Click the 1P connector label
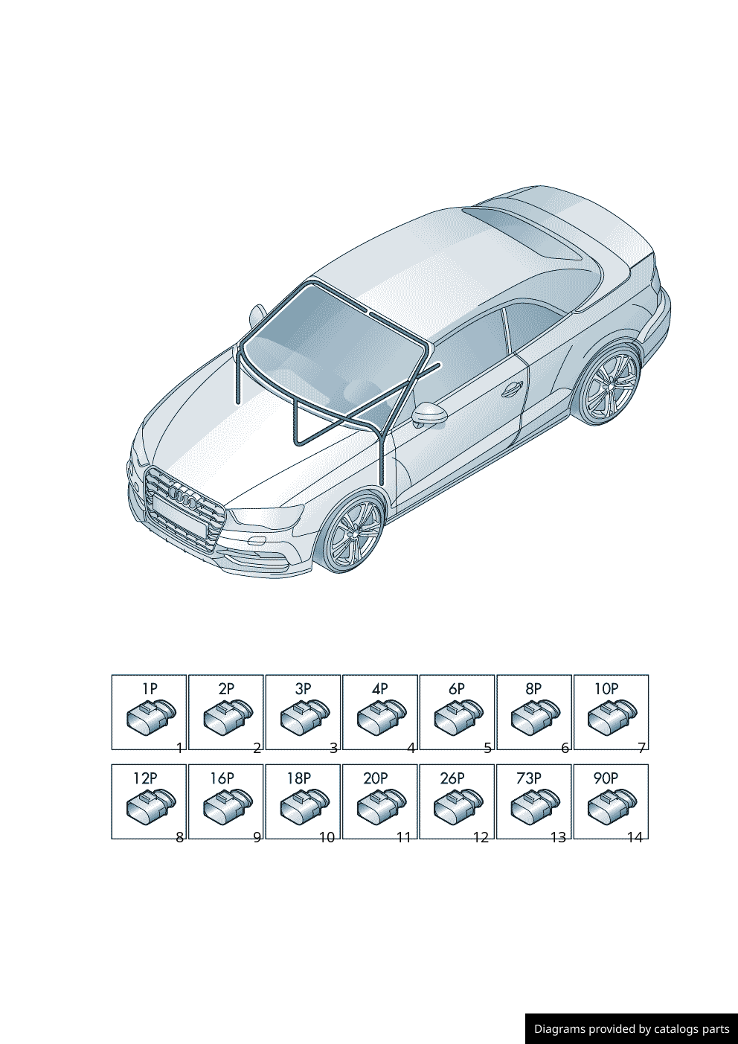pyautogui.click(x=150, y=688)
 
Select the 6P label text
pyautogui.click(x=457, y=688)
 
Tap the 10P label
pyautogui.click(x=606, y=688)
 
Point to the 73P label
pyautogui.click(x=529, y=778)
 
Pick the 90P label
pyautogui.click(x=606, y=778)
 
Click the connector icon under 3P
pyautogui.click(x=305, y=717)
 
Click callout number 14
pyautogui.click(x=635, y=838)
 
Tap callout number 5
pyautogui.click(x=488, y=748)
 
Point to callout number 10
pyautogui.click(x=327, y=838)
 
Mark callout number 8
pyautogui.click(x=180, y=838)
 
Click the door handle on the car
pyautogui.click(x=512, y=388)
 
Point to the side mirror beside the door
pyautogui.click(x=429, y=414)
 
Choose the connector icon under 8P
pyautogui.click(x=536, y=717)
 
